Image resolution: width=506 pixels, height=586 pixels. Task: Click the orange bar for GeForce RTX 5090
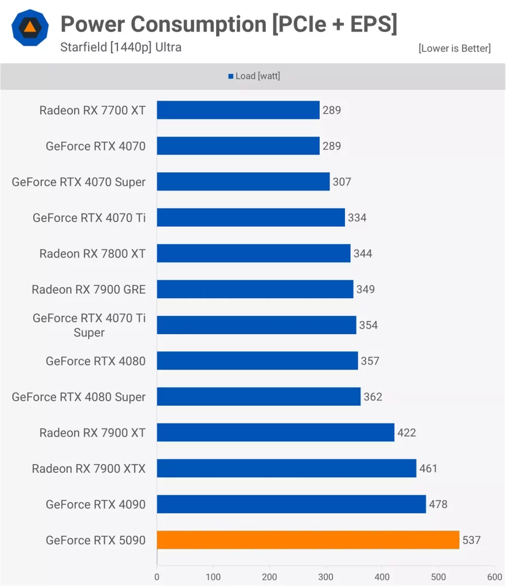click(308, 540)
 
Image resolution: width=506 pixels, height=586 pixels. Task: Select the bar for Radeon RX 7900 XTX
click(287, 468)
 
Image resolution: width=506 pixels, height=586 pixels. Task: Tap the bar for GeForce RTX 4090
click(291, 504)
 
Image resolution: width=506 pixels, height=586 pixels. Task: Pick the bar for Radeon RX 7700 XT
click(238, 110)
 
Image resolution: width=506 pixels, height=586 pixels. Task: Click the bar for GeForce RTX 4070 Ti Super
click(256, 325)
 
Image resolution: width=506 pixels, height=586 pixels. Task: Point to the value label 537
click(471, 540)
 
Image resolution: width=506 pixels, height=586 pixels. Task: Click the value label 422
click(407, 433)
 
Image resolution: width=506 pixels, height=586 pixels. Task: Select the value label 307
click(342, 182)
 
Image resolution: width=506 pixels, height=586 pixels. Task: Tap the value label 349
click(365, 289)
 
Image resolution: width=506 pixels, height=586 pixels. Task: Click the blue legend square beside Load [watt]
click(230, 76)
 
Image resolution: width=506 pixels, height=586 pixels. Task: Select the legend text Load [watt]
click(257, 76)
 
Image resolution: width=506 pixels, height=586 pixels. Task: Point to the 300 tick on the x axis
click(325, 577)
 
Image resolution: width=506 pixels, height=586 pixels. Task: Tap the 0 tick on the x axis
click(157, 577)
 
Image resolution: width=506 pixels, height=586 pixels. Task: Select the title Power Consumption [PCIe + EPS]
click(229, 24)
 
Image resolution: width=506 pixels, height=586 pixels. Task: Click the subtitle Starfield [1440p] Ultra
click(120, 47)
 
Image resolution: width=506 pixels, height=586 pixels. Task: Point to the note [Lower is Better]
click(454, 48)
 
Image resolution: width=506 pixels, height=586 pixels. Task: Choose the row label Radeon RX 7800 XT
click(92, 254)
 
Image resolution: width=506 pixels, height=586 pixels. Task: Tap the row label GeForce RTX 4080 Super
click(79, 397)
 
